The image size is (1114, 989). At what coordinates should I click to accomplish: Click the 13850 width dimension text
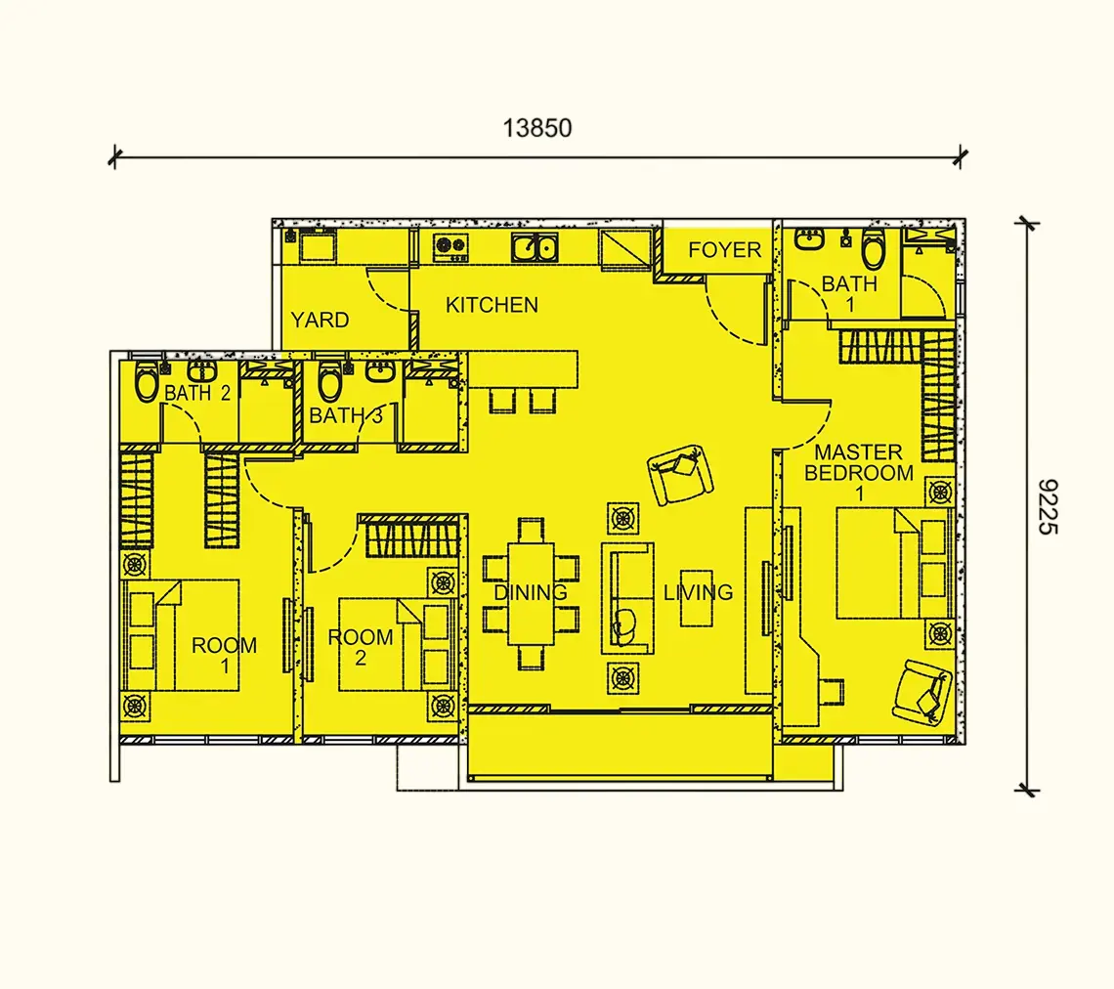pyautogui.click(x=537, y=128)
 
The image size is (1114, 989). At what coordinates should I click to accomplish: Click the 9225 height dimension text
pyautogui.click(x=1049, y=506)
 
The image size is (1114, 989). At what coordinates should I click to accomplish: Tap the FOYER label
pyautogui.click(x=725, y=249)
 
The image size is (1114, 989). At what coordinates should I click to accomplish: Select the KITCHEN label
pyautogui.click(x=492, y=305)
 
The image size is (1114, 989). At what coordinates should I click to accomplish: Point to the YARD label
pyautogui.click(x=320, y=320)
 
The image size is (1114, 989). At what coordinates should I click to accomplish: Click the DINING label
pyautogui.click(x=531, y=592)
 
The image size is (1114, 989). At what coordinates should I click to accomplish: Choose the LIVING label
pyautogui.click(x=698, y=592)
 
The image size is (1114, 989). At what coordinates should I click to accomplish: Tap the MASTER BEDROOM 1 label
pyautogui.click(x=859, y=472)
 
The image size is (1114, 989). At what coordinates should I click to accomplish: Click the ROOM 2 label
pyautogui.click(x=361, y=647)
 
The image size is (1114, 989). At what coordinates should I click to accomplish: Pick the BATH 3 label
pyautogui.click(x=346, y=415)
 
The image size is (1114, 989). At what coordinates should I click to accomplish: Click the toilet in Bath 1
pyautogui.click(x=874, y=248)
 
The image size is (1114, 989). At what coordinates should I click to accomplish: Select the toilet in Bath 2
pyautogui.click(x=147, y=381)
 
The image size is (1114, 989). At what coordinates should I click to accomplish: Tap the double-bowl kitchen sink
pyautogui.click(x=535, y=247)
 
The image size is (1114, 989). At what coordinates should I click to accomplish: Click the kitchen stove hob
pyautogui.click(x=450, y=246)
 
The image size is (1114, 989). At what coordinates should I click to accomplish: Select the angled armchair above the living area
pyautogui.click(x=680, y=475)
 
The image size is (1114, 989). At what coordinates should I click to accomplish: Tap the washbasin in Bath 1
pyautogui.click(x=809, y=239)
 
